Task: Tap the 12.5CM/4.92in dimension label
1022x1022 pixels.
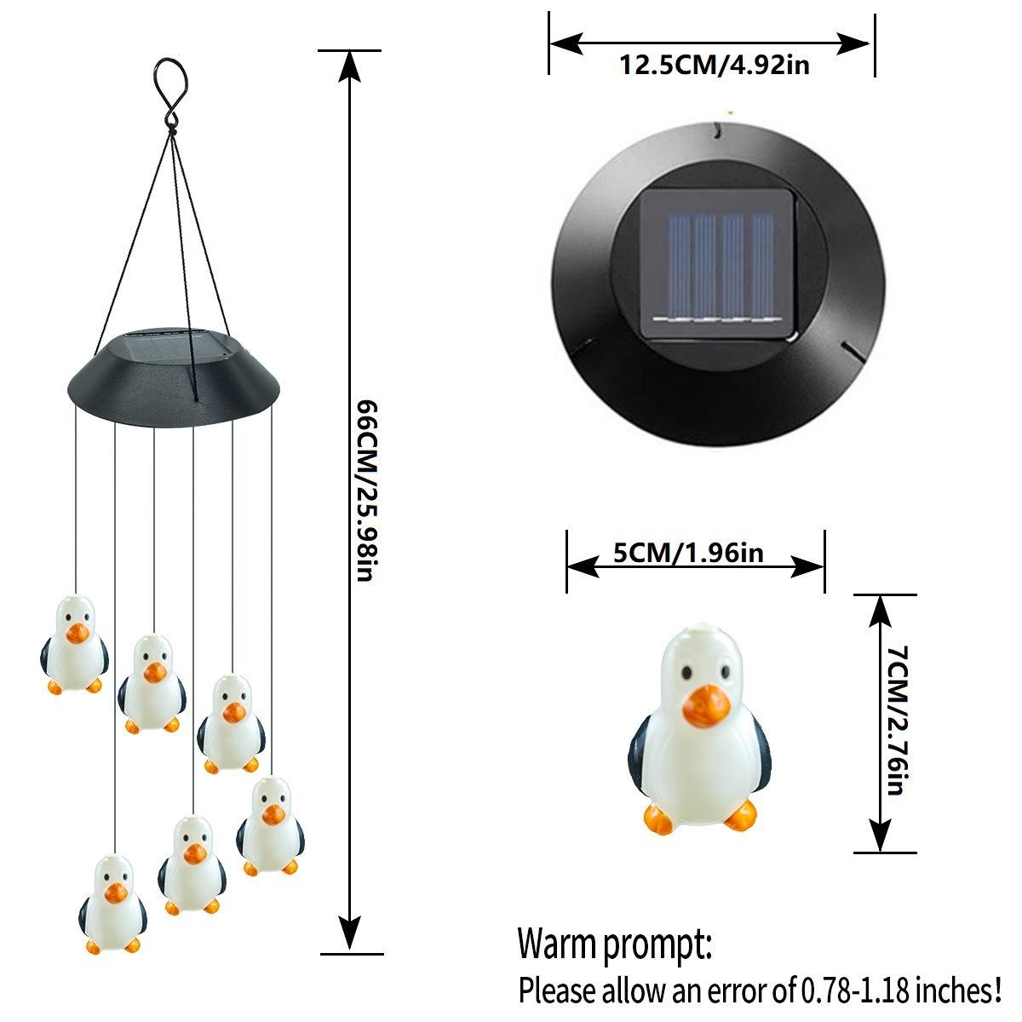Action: click(x=714, y=65)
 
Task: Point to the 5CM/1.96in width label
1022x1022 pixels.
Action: click(x=689, y=553)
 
